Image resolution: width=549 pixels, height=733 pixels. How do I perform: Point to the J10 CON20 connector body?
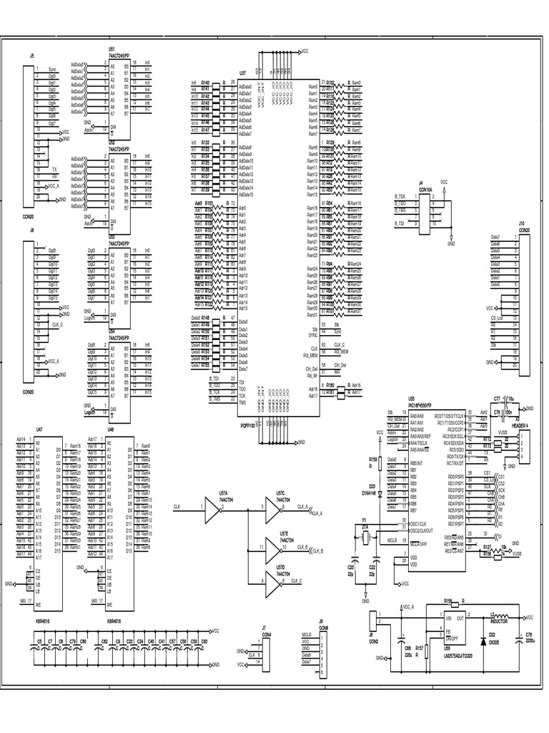(524, 301)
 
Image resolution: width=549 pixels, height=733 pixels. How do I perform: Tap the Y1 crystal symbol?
(365, 538)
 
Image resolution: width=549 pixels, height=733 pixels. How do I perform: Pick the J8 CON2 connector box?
(373, 620)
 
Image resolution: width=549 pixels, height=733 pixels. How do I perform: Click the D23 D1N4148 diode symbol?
(380, 493)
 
